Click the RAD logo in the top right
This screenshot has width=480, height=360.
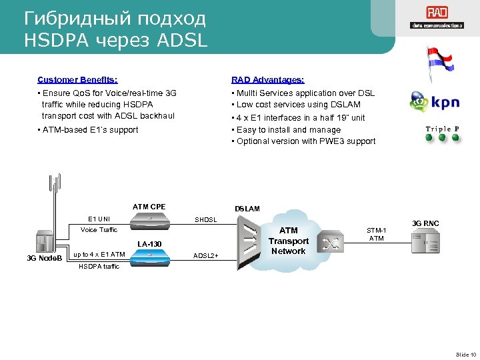point(437,13)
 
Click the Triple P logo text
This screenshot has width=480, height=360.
point(442,129)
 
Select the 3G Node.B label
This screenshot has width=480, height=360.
point(45,257)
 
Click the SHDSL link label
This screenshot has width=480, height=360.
point(205,219)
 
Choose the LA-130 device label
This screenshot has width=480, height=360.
point(150,244)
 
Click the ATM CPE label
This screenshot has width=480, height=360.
point(149,207)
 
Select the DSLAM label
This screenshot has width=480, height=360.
point(247,209)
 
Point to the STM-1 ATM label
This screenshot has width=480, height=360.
point(377,234)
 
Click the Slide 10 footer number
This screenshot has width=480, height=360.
point(465,353)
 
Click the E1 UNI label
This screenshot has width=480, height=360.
point(99,219)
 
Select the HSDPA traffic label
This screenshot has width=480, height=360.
point(99,267)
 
